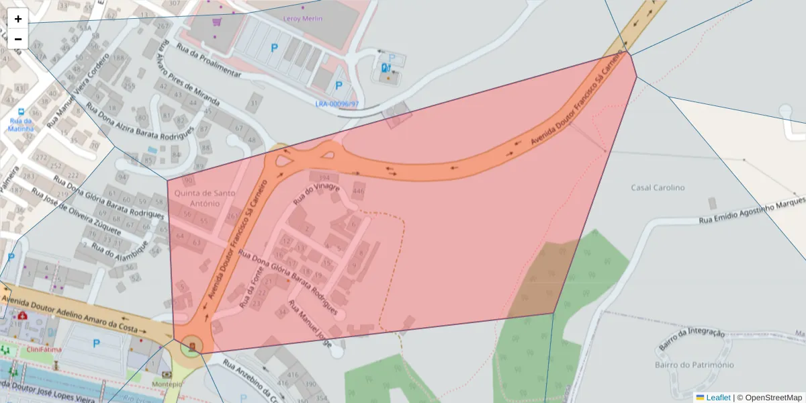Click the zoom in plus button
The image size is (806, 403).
pos(18,19)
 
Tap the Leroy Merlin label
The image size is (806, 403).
pos(303,19)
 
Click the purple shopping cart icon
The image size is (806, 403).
pos(217,21)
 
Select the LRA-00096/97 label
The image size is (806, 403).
pos(337,104)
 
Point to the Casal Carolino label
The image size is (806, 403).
pos(658,187)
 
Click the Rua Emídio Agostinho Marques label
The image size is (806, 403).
pos(752,210)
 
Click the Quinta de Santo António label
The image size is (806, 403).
pos(206,198)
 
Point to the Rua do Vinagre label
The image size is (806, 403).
pos(316,193)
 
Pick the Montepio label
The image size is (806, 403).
pos(167,384)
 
